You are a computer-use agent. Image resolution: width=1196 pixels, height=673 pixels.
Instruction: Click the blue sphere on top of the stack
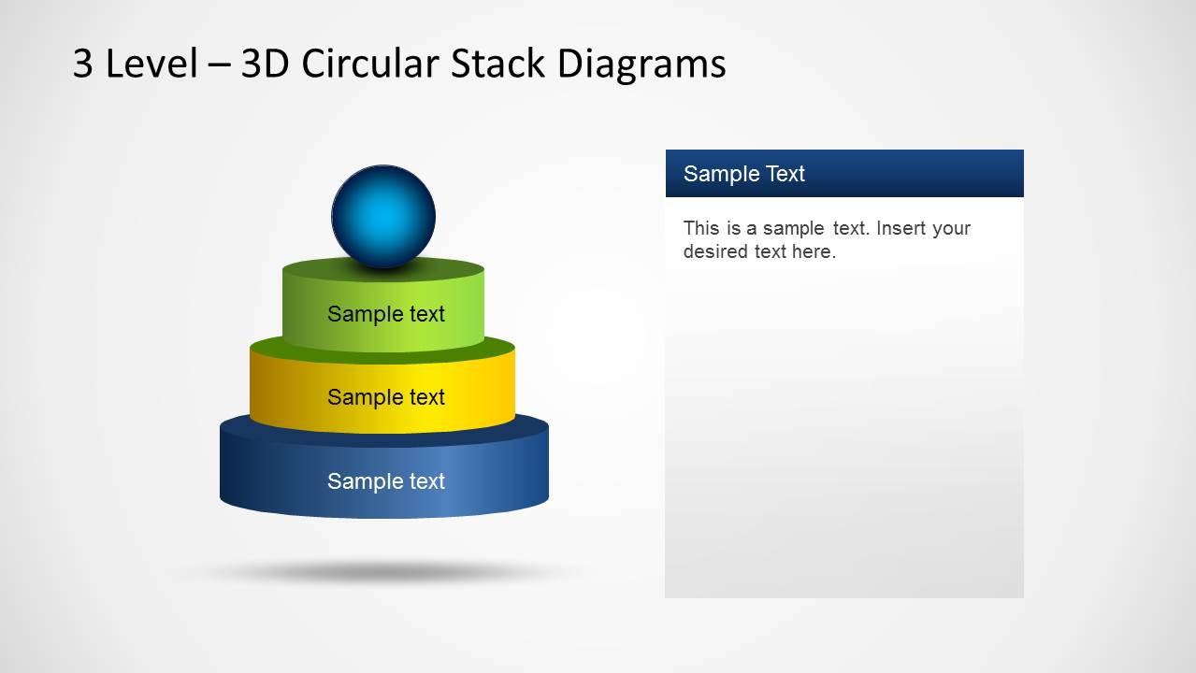[383, 216]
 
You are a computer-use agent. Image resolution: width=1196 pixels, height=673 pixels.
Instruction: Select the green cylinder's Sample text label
[385, 314]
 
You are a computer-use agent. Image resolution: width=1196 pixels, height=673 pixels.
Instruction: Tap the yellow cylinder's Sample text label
[385, 397]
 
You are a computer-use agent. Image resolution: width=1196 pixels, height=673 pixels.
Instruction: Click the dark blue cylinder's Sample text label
[385, 481]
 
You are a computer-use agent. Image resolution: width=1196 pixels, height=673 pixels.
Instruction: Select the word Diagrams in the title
[641, 64]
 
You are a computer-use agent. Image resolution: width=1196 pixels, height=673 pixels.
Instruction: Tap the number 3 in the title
[83, 64]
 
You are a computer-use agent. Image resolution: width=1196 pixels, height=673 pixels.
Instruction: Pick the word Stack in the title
[498, 64]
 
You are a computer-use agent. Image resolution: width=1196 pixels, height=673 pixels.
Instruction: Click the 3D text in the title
[266, 64]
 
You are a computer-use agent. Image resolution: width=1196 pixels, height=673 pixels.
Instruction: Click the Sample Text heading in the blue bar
[743, 174]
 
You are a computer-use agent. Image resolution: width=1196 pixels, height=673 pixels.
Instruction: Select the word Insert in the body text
[899, 228]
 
